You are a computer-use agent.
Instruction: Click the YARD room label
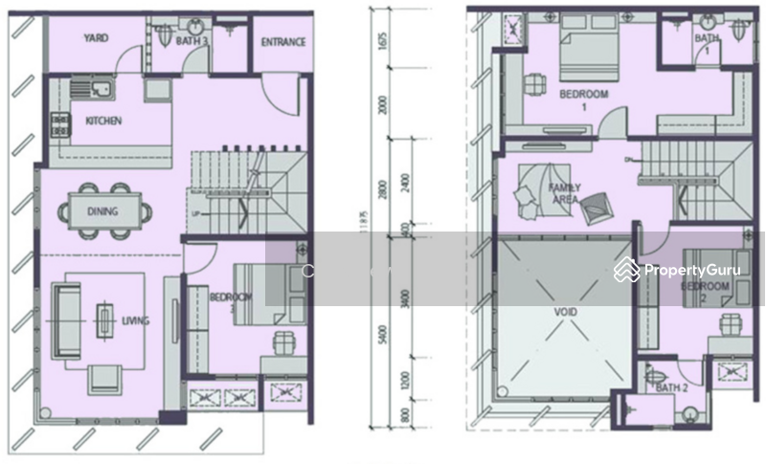[95, 39]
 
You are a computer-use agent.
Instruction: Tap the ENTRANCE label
[283, 42]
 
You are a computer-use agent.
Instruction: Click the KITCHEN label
[103, 122]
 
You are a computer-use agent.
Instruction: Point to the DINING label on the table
[102, 211]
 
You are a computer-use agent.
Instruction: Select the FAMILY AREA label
[562, 195]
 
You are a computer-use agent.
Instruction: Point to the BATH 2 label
[673, 387]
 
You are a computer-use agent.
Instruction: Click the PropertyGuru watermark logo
[681, 271]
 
